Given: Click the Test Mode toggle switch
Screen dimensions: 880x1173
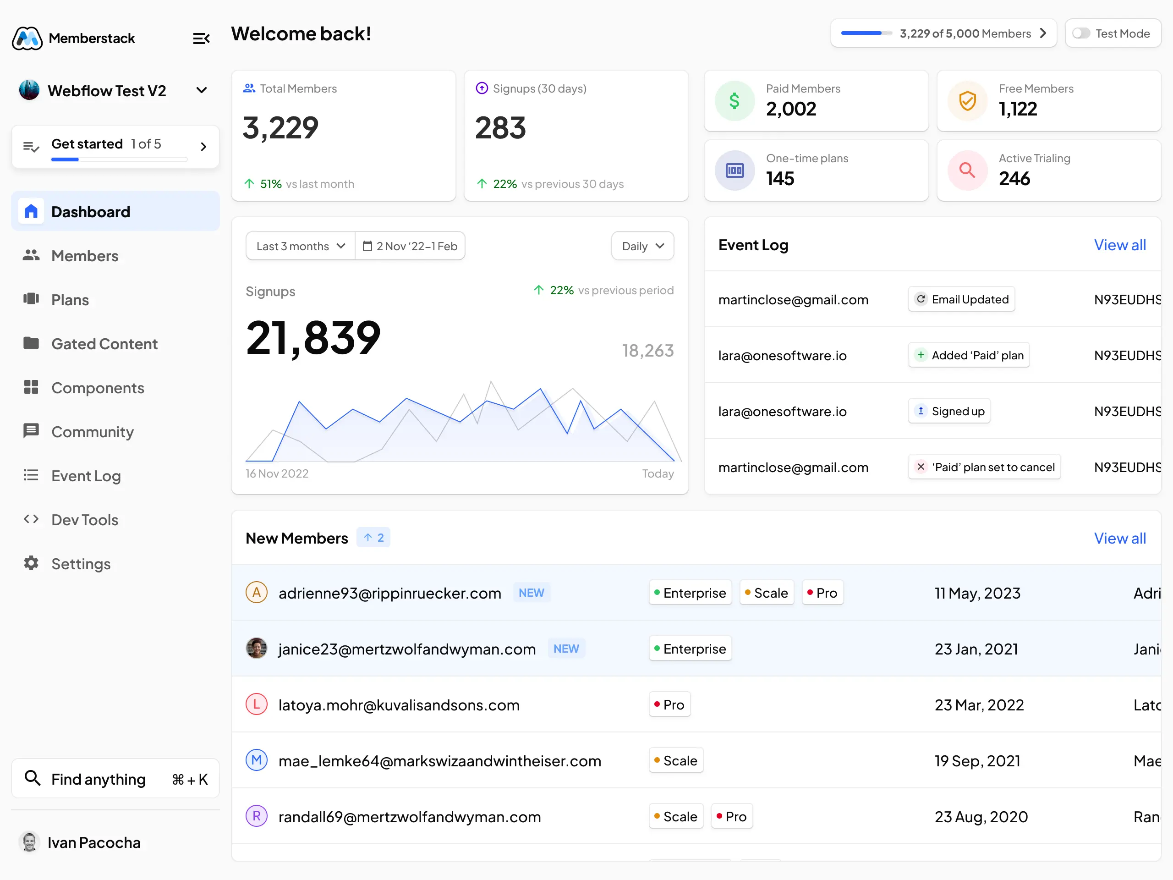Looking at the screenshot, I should [x=1081, y=33].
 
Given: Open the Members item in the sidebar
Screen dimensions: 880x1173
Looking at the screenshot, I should [x=85, y=256].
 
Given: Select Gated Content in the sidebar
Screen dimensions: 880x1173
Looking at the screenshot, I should [x=104, y=344].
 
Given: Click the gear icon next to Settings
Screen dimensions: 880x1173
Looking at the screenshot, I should [x=31, y=563].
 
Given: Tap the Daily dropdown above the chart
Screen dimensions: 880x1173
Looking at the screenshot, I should [x=642, y=246].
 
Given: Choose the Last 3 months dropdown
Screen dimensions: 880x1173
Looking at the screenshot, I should [x=300, y=246].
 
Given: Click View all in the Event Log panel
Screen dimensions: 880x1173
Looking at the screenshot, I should [x=1119, y=245].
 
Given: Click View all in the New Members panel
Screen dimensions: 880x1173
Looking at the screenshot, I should [x=1119, y=539].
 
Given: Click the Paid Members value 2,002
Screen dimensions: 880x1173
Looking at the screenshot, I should [x=791, y=109].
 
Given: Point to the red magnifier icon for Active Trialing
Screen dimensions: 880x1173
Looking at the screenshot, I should [x=967, y=170].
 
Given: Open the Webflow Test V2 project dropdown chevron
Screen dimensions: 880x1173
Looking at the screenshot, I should [x=202, y=91].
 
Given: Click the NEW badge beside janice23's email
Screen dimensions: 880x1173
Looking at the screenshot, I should [x=566, y=649].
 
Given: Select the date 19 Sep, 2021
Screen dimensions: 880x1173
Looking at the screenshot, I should [x=977, y=761].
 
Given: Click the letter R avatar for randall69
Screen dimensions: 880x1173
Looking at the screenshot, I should [x=256, y=816].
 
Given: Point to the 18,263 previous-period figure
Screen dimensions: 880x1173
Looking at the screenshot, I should [x=647, y=351].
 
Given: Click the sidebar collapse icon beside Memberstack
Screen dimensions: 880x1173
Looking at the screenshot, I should [x=201, y=38].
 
